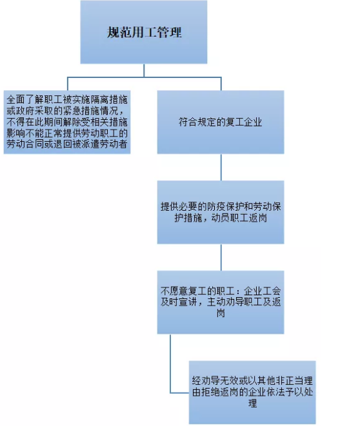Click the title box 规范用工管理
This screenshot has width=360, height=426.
144,32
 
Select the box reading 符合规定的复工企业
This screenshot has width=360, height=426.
221,122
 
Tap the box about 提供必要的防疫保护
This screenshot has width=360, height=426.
221,212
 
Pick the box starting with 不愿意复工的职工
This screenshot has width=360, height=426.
221,302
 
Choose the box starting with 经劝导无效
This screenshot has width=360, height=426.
252,392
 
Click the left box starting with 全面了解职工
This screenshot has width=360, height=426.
67,122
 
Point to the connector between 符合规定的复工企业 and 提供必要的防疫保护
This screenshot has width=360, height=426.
221,167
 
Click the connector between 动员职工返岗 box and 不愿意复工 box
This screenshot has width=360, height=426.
221,257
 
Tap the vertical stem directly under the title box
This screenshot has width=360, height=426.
144,70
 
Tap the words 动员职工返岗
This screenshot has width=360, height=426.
239,218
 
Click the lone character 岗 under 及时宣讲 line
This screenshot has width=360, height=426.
221,313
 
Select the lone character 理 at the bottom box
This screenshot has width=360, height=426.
253,403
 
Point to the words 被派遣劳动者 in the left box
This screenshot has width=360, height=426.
99,144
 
